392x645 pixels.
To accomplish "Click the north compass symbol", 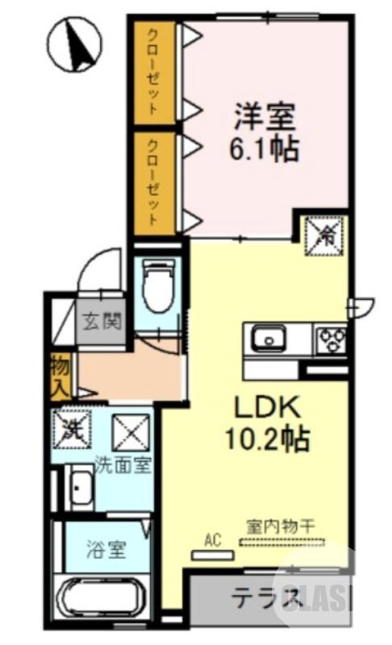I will pos(73,44).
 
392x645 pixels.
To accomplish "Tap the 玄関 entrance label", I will pos(100,322).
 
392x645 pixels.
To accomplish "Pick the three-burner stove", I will pos(330,338).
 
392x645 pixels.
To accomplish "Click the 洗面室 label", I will pos(122,465).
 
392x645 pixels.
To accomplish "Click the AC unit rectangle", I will pos(212,555).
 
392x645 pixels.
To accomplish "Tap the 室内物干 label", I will pos(280,526).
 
